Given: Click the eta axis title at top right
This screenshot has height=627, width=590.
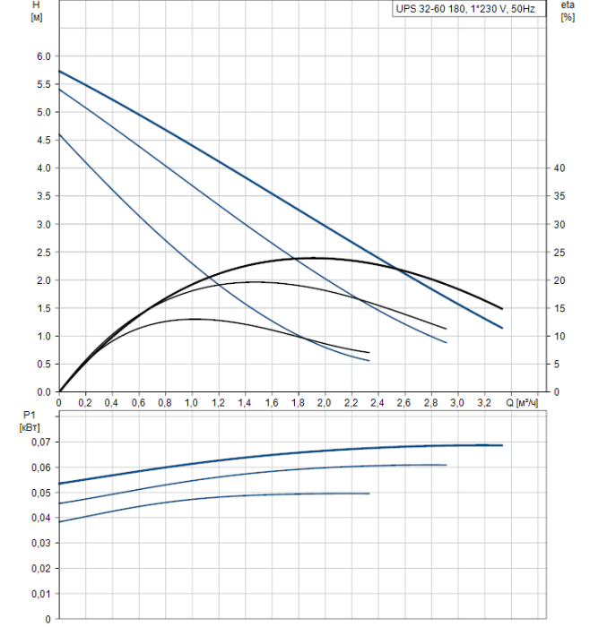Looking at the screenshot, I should point(567,11).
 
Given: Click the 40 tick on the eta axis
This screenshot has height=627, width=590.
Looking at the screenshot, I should point(559,168).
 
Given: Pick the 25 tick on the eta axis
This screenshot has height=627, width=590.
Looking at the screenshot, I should point(559,252).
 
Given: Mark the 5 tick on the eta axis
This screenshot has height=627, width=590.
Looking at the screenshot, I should point(559,364).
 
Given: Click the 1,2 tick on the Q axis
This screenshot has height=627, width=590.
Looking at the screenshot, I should point(218,404).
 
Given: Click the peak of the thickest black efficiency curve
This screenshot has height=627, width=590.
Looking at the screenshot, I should point(314,258).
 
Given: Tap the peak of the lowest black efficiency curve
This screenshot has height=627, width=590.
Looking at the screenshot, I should point(192,319).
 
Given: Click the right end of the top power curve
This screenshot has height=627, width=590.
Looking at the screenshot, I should point(502,445).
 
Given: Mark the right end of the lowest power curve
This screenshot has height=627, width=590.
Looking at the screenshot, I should point(369,494).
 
